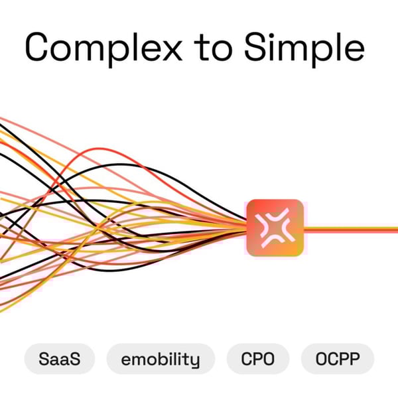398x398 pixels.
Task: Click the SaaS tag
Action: point(60,359)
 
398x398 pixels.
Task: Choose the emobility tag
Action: point(161,359)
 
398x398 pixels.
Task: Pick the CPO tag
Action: point(258,359)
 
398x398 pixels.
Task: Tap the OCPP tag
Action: point(338,359)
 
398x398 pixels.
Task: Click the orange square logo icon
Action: point(275,228)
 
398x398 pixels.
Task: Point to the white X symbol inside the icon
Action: point(275,228)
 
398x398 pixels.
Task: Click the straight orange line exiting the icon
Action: point(351,230)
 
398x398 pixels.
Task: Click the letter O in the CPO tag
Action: point(269,359)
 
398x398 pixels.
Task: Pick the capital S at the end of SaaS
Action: point(75,359)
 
